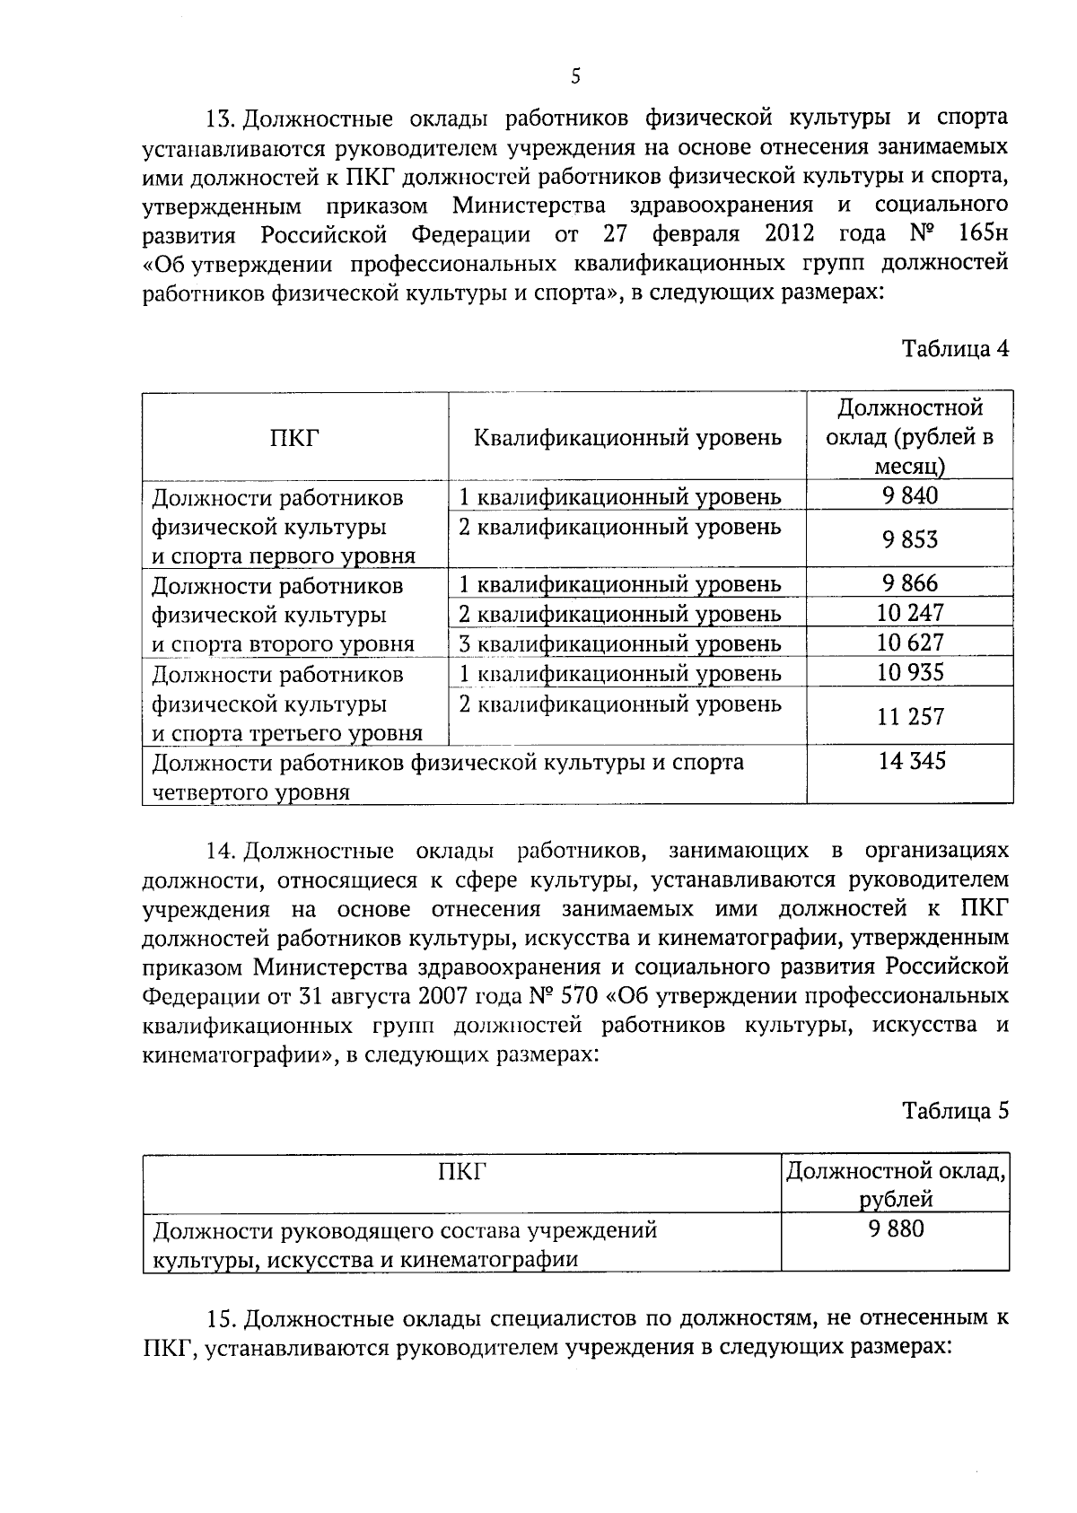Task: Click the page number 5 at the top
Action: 575,77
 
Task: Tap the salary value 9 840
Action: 909,495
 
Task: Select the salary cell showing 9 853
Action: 909,538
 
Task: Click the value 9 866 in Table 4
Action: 909,583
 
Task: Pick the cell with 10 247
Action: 909,613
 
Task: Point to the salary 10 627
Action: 909,643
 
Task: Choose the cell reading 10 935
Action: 909,672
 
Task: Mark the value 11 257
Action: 909,716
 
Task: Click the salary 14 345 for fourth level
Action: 911,762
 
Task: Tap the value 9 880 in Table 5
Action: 895,1229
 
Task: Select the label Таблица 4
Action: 955,349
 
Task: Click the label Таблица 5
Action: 955,1111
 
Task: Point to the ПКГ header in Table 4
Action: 294,438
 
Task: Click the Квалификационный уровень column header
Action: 627,438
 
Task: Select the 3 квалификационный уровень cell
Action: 619,643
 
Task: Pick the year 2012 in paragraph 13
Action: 790,235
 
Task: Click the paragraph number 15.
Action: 221,1319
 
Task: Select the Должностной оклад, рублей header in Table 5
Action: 895,1185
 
